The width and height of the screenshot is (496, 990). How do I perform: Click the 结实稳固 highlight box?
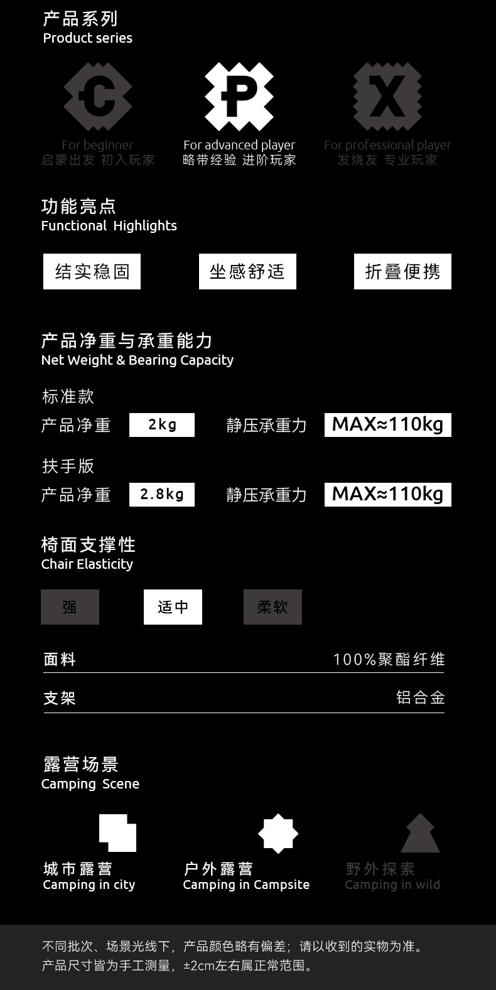pyautogui.click(x=92, y=272)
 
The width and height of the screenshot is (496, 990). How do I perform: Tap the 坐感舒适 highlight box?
pyautogui.click(x=247, y=272)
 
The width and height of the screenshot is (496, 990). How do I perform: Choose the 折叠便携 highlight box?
pyautogui.click(x=402, y=272)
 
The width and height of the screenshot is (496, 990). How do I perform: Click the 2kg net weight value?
pyautogui.click(x=162, y=425)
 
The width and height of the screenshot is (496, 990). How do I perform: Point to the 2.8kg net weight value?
pyautogui.click(x=162, y=495)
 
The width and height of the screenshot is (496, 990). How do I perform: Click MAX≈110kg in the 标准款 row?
pyautogui.click(x=387, y=425)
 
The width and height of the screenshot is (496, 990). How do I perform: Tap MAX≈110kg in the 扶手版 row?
pyautogui.click(x=387, y=495)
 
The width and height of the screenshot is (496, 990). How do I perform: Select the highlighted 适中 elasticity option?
pyautogui.click(x=173, y=607)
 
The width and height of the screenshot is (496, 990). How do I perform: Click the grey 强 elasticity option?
pyautogui.click(x=70, y=607)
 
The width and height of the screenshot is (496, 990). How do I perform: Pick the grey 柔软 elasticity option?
pyautogui.click(x=272, y=607)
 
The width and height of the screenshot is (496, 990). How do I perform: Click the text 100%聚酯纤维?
pyautogui.click(x=389, y=660)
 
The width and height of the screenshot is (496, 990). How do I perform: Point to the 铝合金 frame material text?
pyautogui.click(x=421, y=697)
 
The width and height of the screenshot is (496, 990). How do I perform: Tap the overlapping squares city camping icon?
pyautogui.click(x=118, y=833)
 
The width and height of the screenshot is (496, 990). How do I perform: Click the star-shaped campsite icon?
pyautogui.click(x=278, y=834)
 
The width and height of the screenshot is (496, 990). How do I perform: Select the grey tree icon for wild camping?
pyautogui.click(x=420, y=834)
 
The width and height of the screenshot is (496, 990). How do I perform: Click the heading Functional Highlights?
pyautogui.click(x=109, y=226)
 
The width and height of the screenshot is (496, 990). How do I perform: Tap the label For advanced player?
pyautogui.click(x=239, y=145)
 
